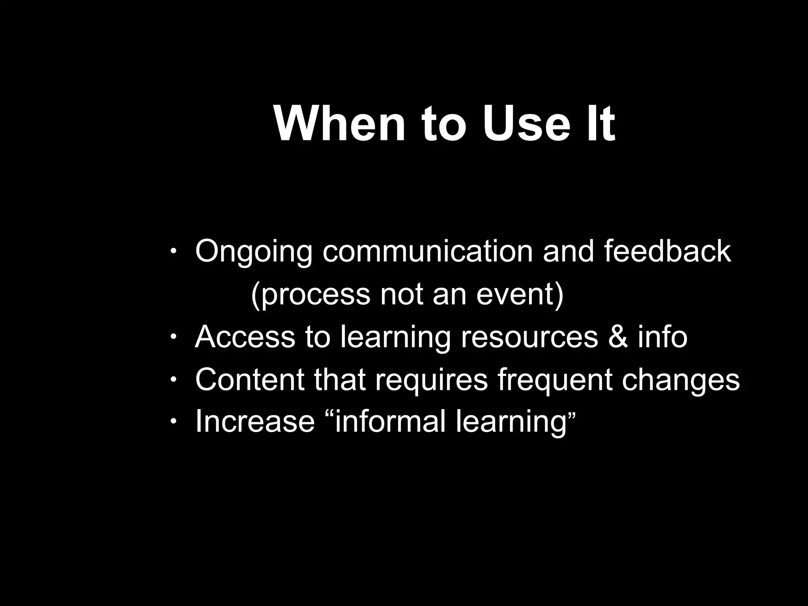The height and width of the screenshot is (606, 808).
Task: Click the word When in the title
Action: (339, 124)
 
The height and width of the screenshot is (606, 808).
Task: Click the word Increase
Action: (255, 421)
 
